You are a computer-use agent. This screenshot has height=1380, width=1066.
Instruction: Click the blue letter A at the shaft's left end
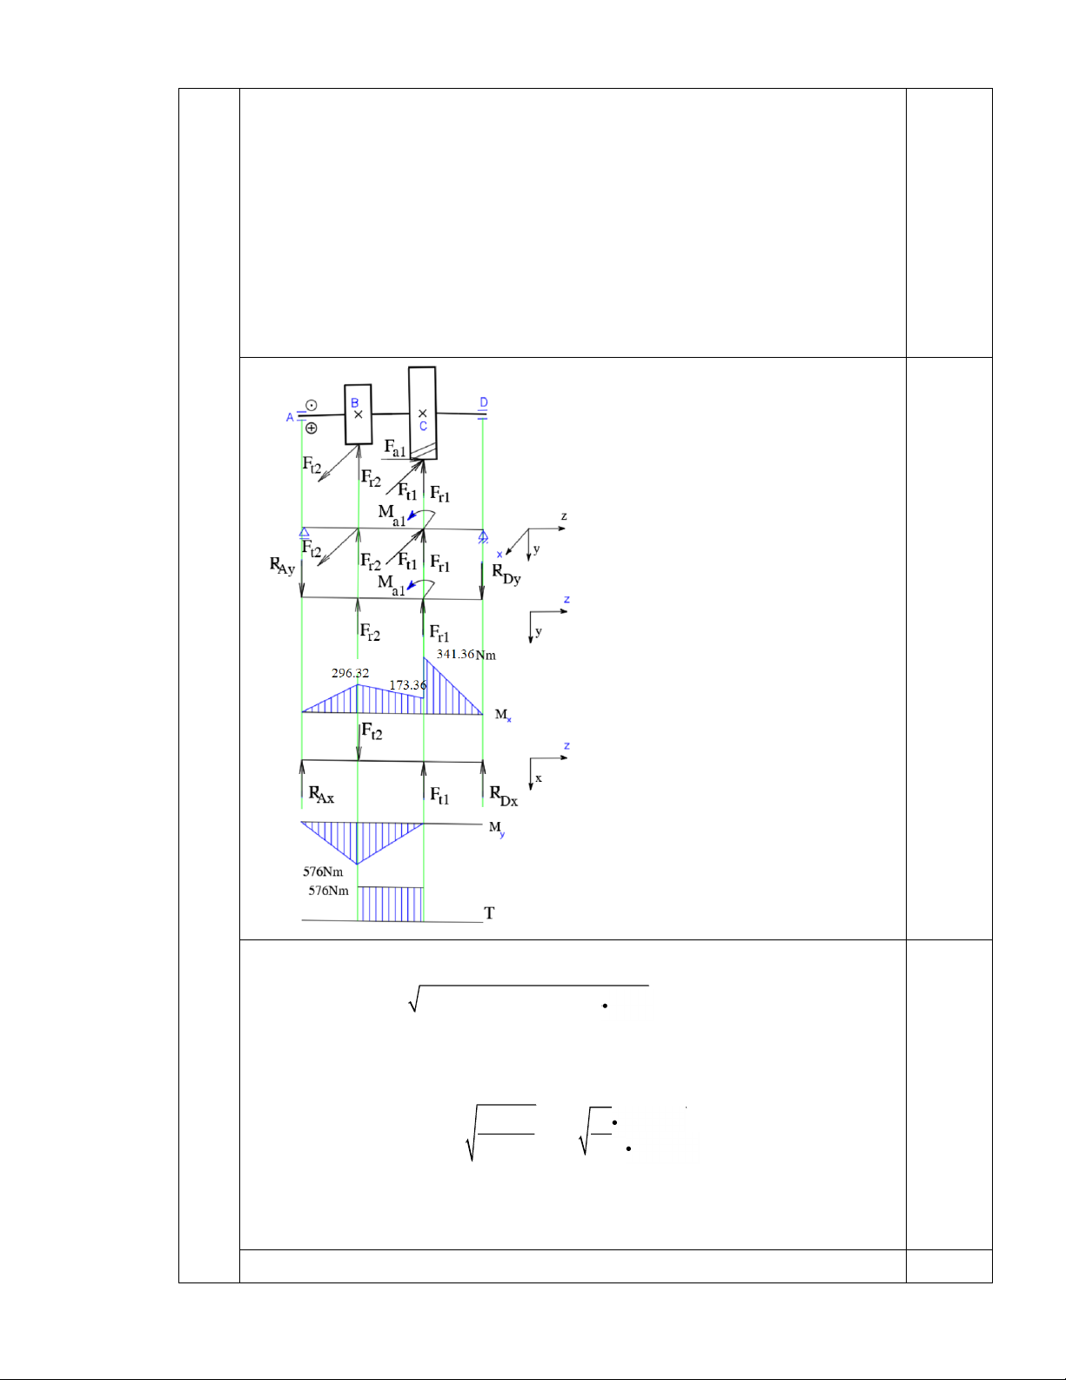291,418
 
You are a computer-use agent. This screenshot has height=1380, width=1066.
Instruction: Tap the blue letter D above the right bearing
484,402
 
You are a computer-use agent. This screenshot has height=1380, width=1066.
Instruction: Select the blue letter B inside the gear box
355,403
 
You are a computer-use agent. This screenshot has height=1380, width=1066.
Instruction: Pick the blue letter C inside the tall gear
424,427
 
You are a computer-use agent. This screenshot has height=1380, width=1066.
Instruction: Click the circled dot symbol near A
311,405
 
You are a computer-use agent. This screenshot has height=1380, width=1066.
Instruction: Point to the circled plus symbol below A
311,428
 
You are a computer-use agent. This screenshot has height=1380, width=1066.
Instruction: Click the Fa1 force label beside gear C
395,448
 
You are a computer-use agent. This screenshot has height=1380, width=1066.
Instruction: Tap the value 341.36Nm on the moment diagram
466,654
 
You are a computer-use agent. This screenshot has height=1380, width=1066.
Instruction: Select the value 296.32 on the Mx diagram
350,673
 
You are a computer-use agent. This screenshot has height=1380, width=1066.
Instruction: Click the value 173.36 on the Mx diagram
407,685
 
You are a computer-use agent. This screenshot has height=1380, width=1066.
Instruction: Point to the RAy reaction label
282,566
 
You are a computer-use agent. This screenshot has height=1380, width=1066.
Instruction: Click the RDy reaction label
506,574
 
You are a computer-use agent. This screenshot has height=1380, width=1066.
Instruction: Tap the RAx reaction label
321,795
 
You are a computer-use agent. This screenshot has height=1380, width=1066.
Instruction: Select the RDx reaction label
503,796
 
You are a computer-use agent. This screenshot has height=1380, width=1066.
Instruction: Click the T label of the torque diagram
489,912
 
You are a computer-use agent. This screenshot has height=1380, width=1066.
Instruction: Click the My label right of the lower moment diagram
496,828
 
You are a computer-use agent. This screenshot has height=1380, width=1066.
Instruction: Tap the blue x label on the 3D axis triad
499,555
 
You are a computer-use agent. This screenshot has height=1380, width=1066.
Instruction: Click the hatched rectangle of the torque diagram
391,904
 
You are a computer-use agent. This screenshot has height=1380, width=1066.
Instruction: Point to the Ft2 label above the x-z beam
372,731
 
